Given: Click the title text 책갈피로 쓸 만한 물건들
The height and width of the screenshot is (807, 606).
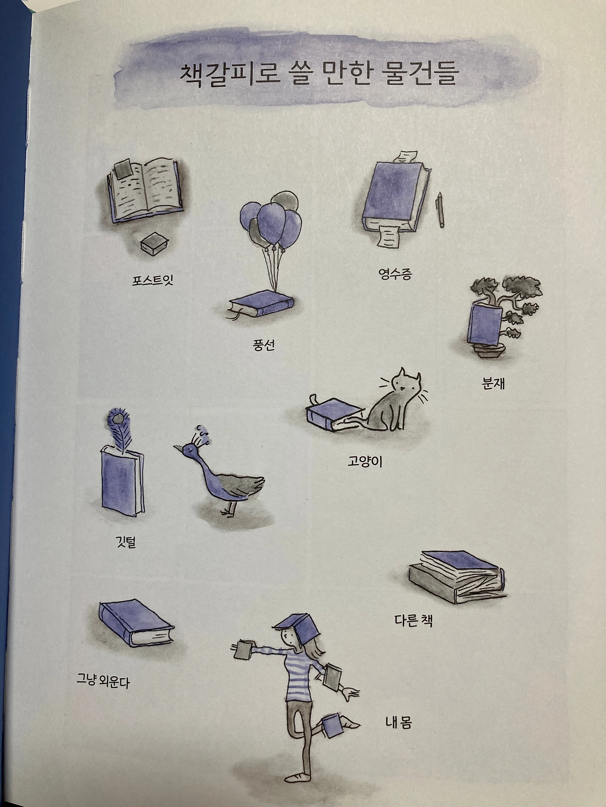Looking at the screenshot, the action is [x=317, y=75].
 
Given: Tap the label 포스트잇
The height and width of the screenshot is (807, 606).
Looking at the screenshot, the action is [x=153, y=280].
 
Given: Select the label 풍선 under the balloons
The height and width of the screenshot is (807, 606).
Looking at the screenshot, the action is [x=264, y=345].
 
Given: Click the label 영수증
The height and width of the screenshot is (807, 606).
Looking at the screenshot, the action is [x=395, y=274].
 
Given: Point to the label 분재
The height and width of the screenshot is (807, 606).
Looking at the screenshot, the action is [x=493, y=383].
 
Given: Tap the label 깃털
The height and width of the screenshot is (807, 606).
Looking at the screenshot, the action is [x=126, y=542].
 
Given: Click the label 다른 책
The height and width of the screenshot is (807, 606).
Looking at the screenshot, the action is [x=413, y=620].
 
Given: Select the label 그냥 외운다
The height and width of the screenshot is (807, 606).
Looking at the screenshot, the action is [x=103, y=681].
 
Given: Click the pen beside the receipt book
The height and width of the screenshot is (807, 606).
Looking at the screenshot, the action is [x=440, y=210].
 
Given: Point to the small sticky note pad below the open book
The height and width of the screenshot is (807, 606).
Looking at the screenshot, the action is [x=152, y=245].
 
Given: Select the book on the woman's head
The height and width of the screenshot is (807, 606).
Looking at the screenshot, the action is [x=297, y=623].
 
